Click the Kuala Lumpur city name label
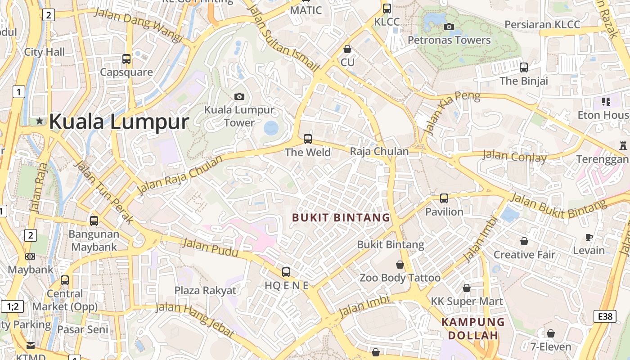[118, 122]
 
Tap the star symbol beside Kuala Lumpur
[40, 121]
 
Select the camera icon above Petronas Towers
[449, 27]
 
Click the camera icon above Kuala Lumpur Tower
[239, 96]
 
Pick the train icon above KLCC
[387, 8]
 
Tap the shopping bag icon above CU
[347, 49]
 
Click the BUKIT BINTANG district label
[341, 218]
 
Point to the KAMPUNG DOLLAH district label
[473, 328]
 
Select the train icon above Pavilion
[444, 198]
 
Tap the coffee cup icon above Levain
[589, 237]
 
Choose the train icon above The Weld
[308, 139]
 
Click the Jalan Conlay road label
[514, 157]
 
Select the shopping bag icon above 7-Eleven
[550, 333]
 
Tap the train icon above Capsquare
[126, 58]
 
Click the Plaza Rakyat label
[205, 290]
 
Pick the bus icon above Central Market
[65, 280]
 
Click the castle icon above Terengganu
[623, 146]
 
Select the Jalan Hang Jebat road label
[194, 319]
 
